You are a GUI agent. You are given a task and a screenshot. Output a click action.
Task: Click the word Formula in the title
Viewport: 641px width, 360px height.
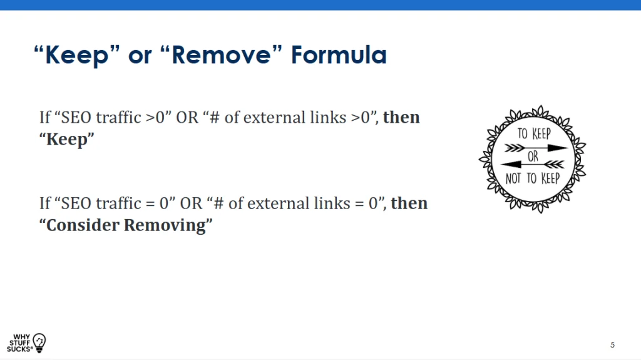(x=339, y=55)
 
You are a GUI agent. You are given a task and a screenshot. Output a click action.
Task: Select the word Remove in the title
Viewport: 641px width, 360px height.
(x=221, y=55)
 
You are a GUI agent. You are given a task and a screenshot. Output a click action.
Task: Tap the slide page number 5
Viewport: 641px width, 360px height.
(x=612, y=345)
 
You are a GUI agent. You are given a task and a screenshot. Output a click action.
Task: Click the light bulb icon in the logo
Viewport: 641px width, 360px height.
(x=39, y=342)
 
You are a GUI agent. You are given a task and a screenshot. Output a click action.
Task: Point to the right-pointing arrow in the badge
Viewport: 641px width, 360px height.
(x=536, y=148)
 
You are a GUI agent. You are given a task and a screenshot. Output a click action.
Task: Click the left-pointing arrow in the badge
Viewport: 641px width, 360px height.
(x=532, y=165)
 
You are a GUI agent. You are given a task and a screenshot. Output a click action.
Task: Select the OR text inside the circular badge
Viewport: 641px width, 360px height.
(x=533, y=157)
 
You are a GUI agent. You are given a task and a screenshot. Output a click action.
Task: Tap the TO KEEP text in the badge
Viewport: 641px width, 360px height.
(x=534, y=134)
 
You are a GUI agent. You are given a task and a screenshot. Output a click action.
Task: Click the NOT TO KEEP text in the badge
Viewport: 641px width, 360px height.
(x=532, y=178)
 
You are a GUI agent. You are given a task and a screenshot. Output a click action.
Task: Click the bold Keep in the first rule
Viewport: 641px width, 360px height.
(x=66, y=140)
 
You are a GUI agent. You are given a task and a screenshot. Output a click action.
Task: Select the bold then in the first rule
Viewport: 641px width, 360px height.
(x=401, y=118)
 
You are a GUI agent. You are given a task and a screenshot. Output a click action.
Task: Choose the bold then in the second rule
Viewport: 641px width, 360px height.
(x=409, y=203)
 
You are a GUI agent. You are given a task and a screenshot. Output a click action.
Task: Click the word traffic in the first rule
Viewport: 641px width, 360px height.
(x=118, y=118)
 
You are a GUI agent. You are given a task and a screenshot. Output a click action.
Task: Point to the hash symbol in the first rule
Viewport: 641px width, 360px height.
(x=215, y=118)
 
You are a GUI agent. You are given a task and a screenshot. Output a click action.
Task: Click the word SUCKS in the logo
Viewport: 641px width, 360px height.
(x=19, y=349)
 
